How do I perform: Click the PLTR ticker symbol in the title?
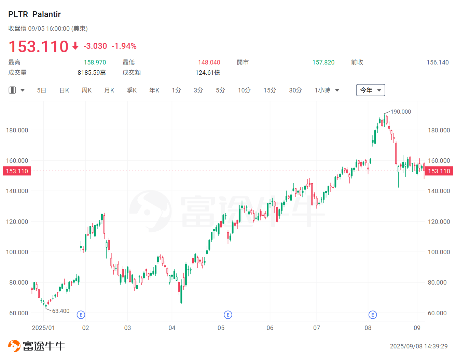point(18,14)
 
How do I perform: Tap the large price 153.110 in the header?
point(38,46)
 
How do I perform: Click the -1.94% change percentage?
point(124,46)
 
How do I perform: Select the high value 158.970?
point(95,62)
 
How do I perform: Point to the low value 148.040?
point(209,62)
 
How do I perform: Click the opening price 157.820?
point(323,62)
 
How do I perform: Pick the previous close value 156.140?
point(437,62)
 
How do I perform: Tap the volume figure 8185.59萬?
point(92,73)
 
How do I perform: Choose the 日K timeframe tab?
point(64,90)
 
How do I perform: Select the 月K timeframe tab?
point(109,90)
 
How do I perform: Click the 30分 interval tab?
point(295,90)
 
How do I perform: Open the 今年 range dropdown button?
point(371,90)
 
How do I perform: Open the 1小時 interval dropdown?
point(327,90)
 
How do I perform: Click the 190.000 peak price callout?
point(401,112)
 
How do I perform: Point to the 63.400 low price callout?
point(61,311)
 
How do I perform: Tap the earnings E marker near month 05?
point(228,315)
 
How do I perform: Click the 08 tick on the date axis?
point(368,328)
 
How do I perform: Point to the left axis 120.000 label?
point(17,222)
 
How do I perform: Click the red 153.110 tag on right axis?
point(439,171)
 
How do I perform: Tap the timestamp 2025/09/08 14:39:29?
point(418,346)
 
